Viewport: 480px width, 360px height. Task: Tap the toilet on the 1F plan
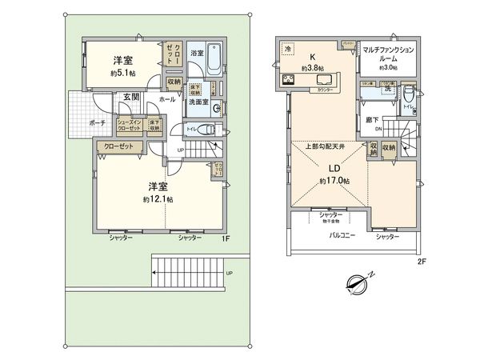tap(205, 131)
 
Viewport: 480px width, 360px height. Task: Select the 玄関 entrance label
tap(131, 97)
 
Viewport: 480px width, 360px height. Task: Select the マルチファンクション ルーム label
tap(387, 55)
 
